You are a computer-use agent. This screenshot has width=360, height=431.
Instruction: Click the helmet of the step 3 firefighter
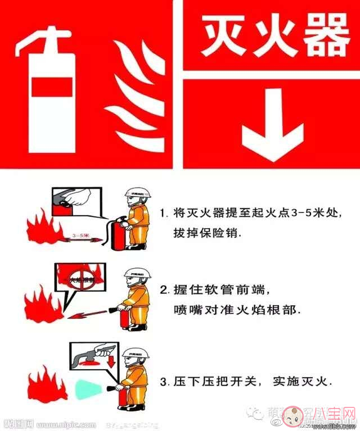(x=138, y=352)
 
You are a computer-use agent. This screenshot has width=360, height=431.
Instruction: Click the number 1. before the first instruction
(x=164, y=214)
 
